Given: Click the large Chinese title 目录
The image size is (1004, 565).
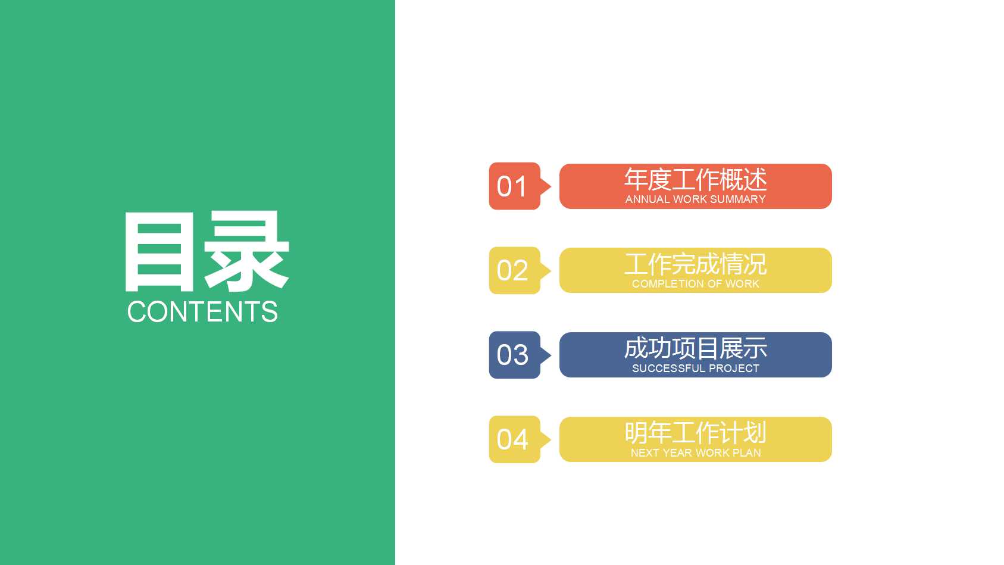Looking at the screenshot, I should click(x=206, y=252).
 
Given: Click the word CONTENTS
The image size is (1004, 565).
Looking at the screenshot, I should click(x=202, y=312).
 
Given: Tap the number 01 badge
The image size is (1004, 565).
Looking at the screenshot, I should click(x=512, y=186).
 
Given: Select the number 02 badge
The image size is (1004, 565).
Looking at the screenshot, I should click(x=512, y=271).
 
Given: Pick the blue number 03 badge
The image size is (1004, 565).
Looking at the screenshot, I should click(x=512, y=355).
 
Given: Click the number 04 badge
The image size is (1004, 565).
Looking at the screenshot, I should click(x=512, y=440).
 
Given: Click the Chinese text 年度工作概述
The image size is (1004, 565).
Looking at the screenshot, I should click(x=695, y=179).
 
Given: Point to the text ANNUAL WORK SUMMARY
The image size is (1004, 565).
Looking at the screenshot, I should click(x=695, y=199).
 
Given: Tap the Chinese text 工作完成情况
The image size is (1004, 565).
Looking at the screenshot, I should click(x=695, y=264).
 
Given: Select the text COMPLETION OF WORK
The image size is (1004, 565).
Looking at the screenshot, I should click(x=695, y=284).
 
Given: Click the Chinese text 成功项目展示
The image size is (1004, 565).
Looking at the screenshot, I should click(x=695, y=348).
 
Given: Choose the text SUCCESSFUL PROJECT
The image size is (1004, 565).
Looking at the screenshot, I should click(x=695, y=369).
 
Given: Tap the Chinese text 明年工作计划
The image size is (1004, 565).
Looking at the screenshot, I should click(x=695, y=433).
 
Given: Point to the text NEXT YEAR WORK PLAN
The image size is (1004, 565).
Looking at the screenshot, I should click(x=695, y=453).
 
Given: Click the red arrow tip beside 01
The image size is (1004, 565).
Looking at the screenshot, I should click(x=546, y=186).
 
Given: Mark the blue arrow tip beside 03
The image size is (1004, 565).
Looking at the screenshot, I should click(x=546, y=355).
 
